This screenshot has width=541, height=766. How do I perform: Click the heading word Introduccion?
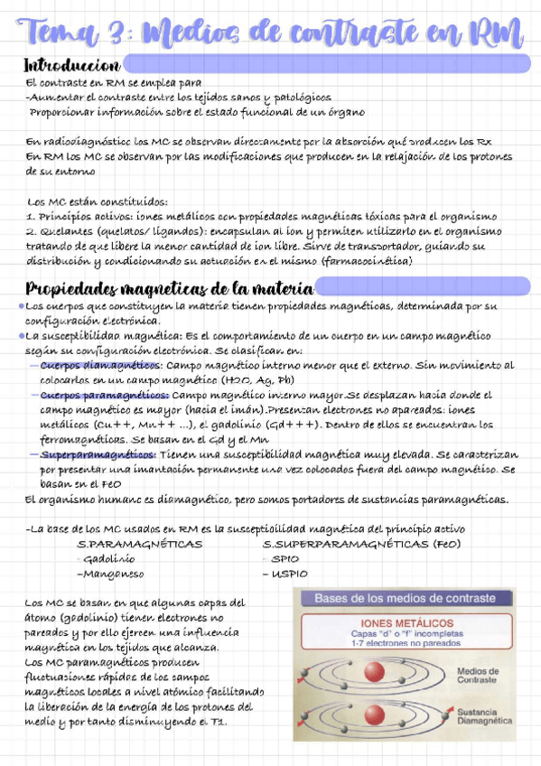(x=71, y=66)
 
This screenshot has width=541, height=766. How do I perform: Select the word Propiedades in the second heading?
(x=76, y=289)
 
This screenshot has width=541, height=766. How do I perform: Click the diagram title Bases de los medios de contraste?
(x=405, y=599)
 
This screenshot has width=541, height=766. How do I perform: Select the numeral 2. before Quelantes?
(x=31, y=231)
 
